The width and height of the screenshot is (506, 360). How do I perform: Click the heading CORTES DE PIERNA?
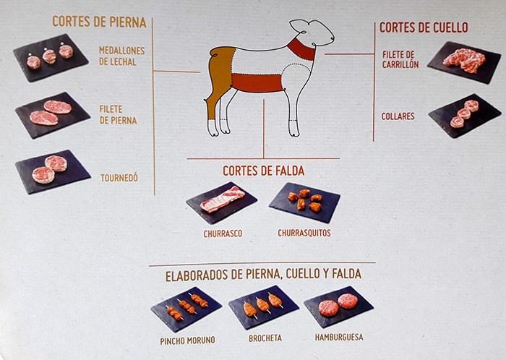coord(99,22)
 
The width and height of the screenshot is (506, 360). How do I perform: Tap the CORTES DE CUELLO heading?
coord(424,27)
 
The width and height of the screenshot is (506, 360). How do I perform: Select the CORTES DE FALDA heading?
coord(263,171)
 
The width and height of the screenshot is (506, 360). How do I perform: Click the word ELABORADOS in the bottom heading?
coord(197,275)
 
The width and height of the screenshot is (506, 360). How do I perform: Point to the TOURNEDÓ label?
coord(119,178)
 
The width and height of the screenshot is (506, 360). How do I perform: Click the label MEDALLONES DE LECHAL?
coord(121,56)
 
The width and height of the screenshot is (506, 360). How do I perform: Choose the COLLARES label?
coord(398,116)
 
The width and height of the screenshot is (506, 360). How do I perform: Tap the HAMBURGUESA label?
coord(339,337)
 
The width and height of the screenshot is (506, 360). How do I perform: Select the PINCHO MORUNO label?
coord(187,340)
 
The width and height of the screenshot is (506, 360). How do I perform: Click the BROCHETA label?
coord(265,338)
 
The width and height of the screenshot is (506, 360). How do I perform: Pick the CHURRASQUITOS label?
coord(304,233)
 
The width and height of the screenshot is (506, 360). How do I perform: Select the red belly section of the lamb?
coord(257,83)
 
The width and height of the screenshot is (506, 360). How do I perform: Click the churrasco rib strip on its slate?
coord(223,199)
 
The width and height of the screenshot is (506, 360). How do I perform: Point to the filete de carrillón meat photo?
coord(464,60)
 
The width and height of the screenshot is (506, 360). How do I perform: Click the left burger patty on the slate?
coord(328,309)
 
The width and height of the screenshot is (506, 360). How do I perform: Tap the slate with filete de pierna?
coord(52,114)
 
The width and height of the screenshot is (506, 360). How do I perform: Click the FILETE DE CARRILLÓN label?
coord(400,60)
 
